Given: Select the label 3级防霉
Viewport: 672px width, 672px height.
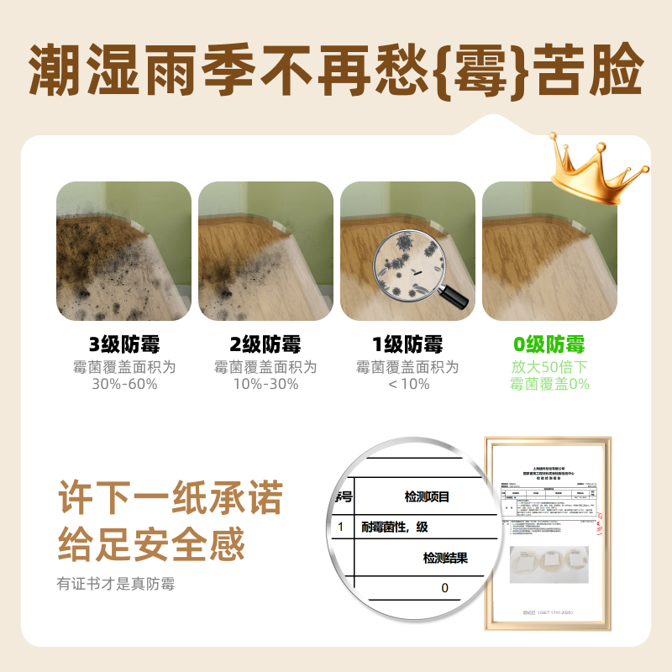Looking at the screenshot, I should (124, 344).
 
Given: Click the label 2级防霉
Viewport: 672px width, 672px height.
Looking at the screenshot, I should (265, 344).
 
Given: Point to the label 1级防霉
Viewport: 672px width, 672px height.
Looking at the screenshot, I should (407, 344).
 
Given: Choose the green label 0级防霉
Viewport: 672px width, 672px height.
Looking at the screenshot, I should (549, 344).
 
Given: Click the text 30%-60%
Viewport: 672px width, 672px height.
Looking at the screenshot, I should (124, 384).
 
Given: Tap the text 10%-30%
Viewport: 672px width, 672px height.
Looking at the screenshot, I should (265, 384).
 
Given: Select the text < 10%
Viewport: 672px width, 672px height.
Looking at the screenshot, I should (407, 384).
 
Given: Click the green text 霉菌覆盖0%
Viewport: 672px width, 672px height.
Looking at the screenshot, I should (549, 384).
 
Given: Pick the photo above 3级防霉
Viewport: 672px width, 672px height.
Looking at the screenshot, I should (124, 250).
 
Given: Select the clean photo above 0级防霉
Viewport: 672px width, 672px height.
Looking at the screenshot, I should (549, 250).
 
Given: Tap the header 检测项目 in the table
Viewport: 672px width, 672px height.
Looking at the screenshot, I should (428, 496).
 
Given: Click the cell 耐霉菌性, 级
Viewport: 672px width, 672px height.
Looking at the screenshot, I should (395, 527).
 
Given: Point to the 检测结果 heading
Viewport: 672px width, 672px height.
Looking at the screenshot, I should (445, 558).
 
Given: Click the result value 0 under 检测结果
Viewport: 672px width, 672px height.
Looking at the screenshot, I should (444, 588).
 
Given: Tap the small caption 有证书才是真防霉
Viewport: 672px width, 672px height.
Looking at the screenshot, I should (116, 583).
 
